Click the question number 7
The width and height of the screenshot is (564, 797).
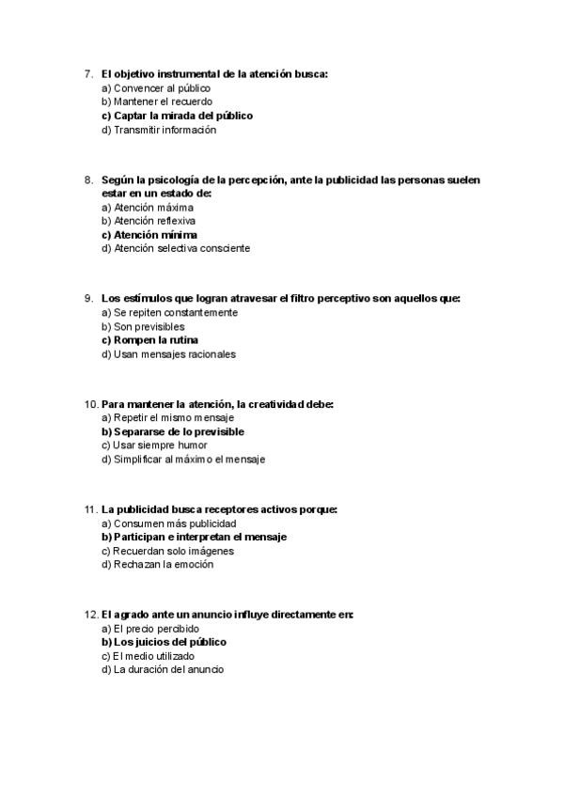[88, 73]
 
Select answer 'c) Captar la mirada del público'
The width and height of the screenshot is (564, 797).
[177, 116]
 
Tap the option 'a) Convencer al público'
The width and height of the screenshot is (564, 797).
[155, 87]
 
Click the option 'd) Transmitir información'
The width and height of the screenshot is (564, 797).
[158, 130]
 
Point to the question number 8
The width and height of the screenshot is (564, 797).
[88, 179]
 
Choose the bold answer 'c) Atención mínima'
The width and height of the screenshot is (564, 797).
[149, 234]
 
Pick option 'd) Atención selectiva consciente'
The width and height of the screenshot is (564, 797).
[176, 248]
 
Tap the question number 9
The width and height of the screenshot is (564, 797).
[88, 298]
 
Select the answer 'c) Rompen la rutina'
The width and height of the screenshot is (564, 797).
[149, 339]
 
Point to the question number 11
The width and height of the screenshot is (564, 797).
[90, 509]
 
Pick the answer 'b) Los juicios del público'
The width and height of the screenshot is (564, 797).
[164, 642]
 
